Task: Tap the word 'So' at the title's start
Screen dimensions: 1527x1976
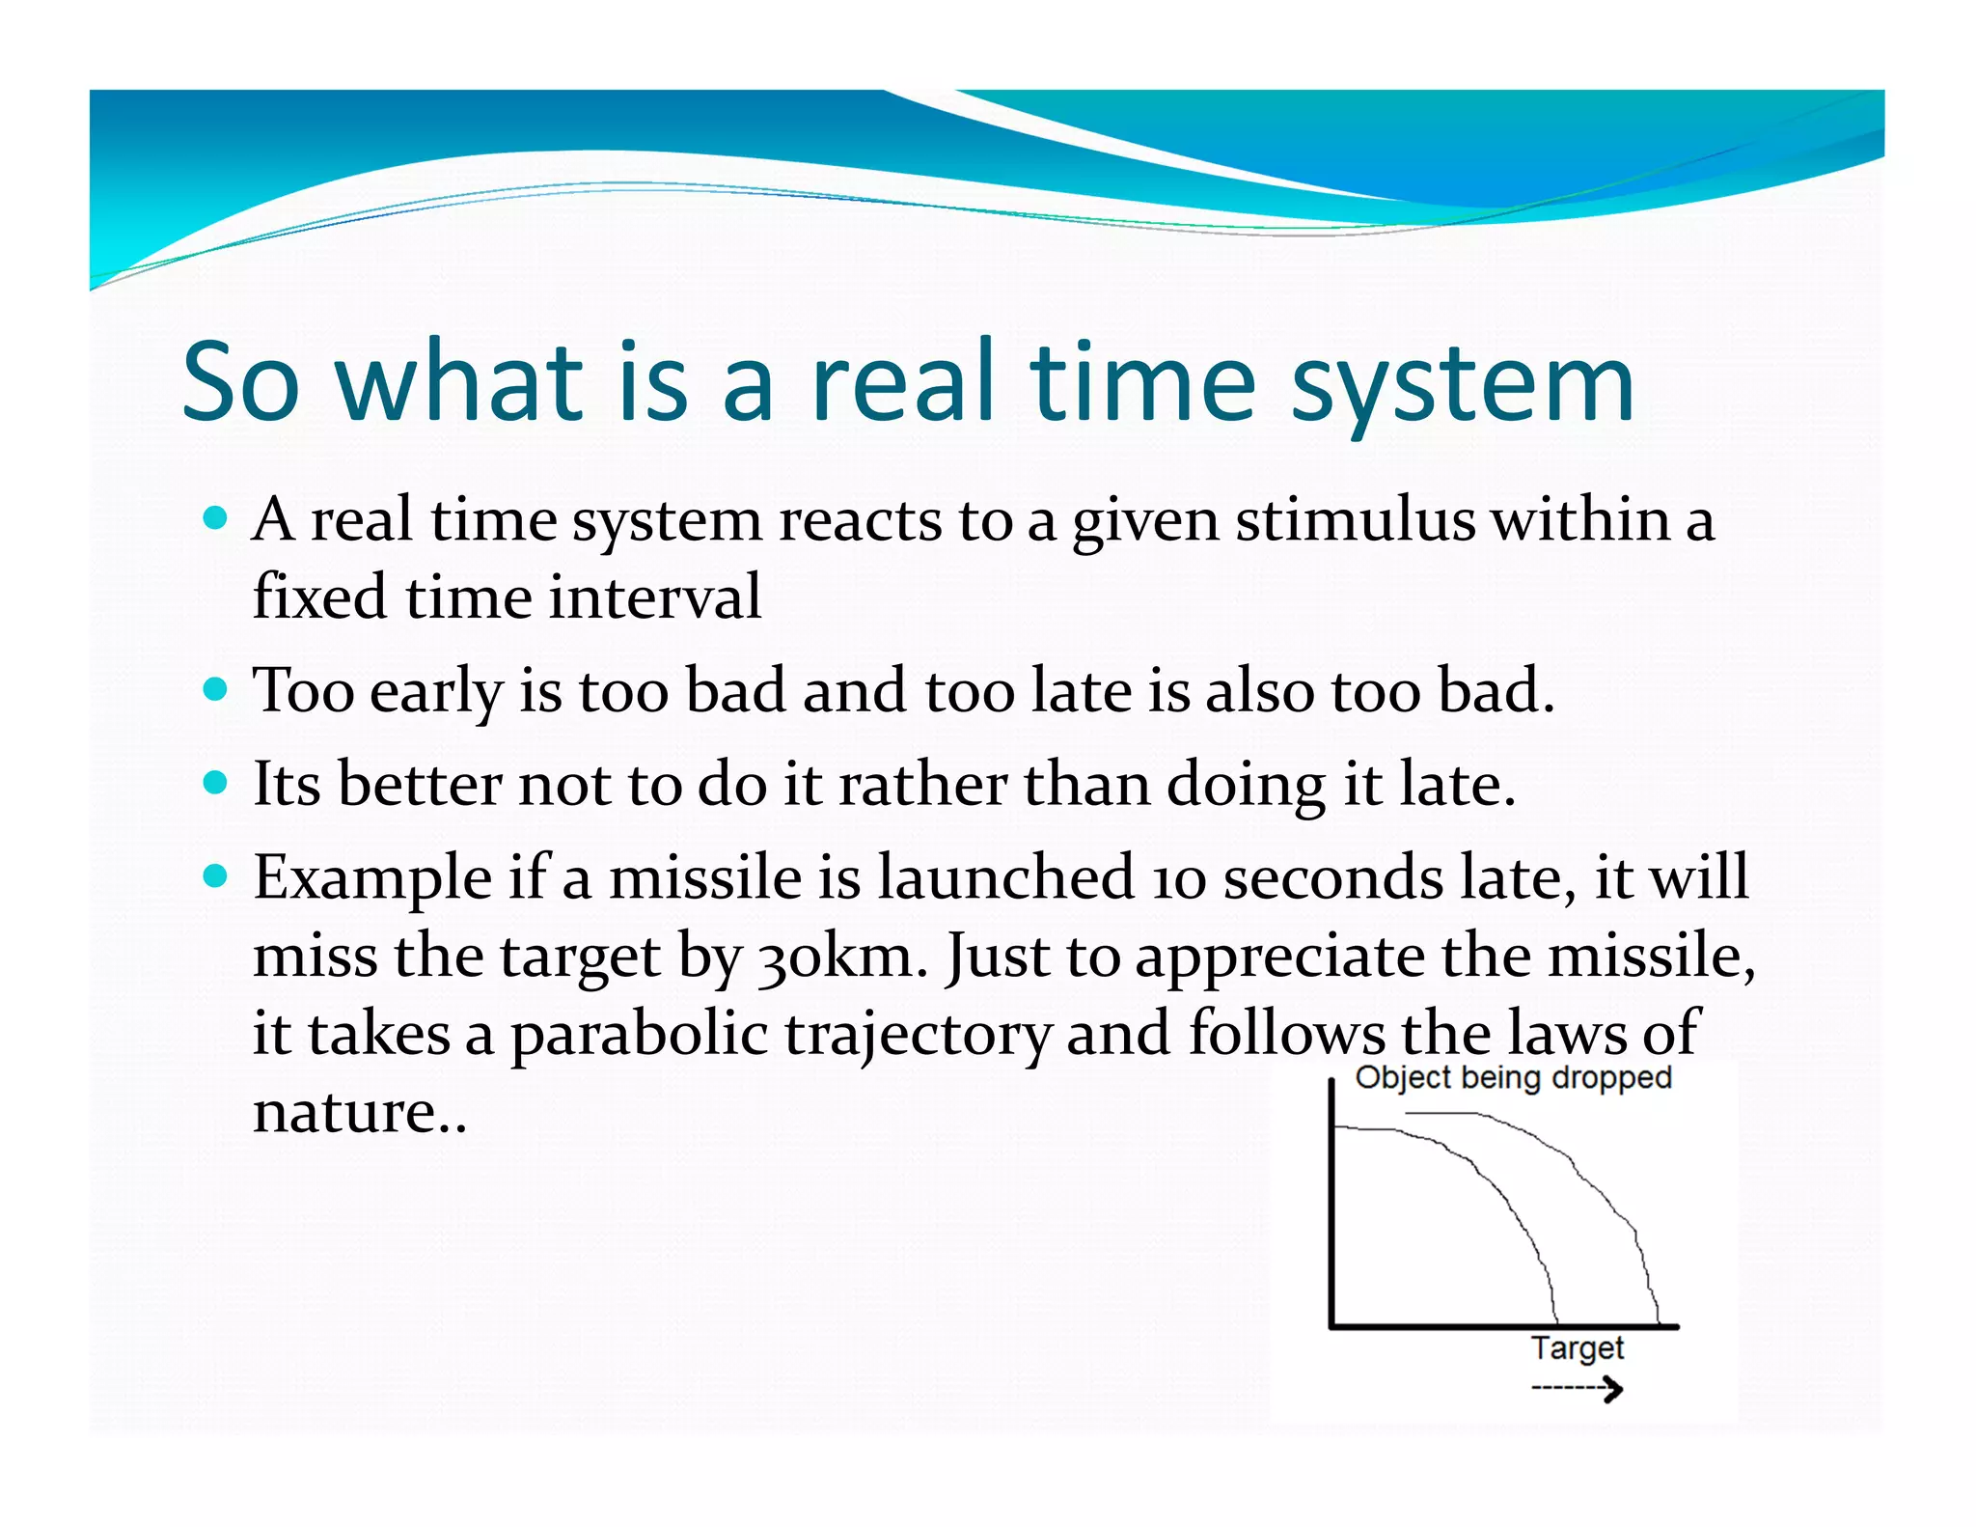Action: [x=240, y=383]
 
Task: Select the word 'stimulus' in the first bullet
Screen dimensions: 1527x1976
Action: [x=1356, y=521]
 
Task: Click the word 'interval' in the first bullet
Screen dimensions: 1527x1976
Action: [x=655, y=597]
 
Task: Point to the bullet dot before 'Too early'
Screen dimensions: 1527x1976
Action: [x=216, y=690]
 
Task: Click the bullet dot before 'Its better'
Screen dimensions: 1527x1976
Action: [x=216, y=783]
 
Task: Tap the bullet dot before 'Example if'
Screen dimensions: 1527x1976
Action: [x=216, y=876]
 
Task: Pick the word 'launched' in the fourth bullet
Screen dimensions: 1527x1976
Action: [x=1006, y=877]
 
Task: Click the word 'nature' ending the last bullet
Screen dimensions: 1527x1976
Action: [x=344, y=1113]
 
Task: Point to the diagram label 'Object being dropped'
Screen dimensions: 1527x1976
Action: [x=1513, y=1078]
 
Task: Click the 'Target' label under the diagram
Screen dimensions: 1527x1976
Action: [x=1578, y=1348]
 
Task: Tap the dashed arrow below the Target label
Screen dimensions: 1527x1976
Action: [x=1578, y=1390]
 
